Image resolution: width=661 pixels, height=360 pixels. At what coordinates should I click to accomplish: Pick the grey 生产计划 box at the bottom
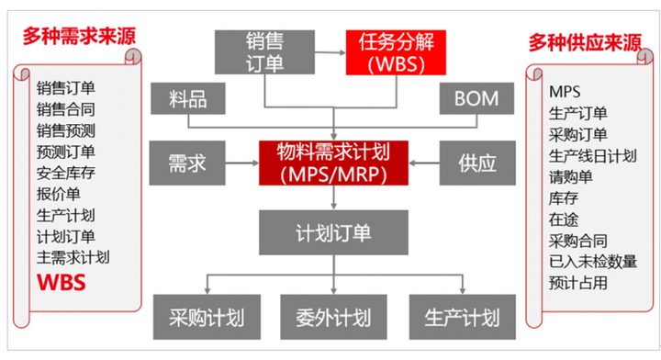[x=462, y=318]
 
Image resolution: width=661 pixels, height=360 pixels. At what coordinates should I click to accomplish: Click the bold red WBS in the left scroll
[x=62, y=282]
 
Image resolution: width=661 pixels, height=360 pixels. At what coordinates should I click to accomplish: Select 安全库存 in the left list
[x=66, y=173]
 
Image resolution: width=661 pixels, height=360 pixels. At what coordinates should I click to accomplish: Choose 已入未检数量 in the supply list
[x=593, y=262]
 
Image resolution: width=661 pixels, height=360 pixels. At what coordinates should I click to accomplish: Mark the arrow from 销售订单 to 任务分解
[x=330, y=51]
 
